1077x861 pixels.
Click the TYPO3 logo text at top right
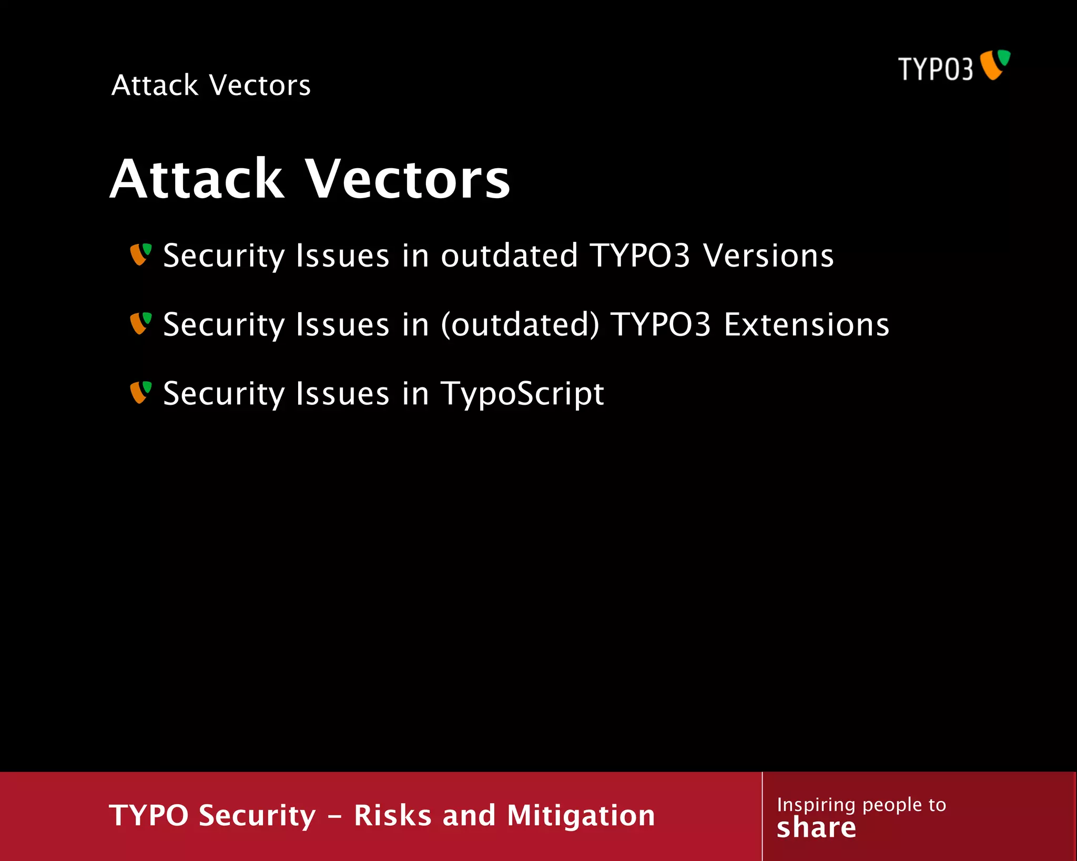point(935,69)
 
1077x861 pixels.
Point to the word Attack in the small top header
point(155,85)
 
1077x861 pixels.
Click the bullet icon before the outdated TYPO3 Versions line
point(141,254)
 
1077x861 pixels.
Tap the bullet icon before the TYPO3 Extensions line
point(141,323)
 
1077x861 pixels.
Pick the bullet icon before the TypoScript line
point(141,392)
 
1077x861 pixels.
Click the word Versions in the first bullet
point(768,256)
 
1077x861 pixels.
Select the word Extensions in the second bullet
point(806,325)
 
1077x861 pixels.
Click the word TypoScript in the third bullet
point(522,394)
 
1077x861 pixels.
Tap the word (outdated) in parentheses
point(520,325)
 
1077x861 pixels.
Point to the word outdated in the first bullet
point(509,256)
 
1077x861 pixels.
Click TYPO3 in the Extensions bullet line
point(661,325)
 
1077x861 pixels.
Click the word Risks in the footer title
point(393,816)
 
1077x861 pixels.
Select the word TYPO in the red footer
point(148,816)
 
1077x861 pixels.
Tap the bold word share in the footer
point(816,828)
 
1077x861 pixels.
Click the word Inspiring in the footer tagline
point(816,805)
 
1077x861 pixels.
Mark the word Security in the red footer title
point(258,816)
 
